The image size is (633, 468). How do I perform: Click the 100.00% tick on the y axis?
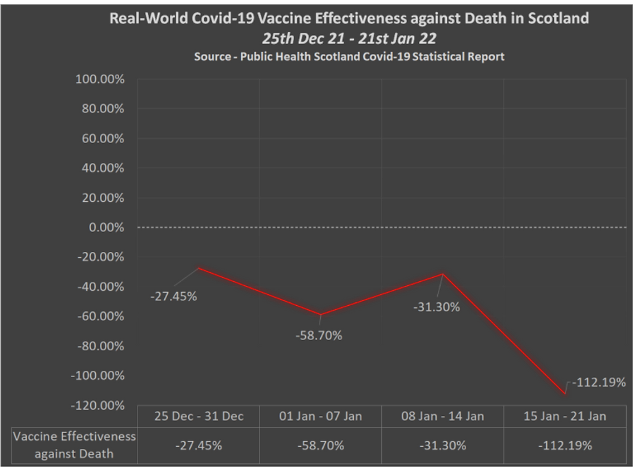(x=99, y=79)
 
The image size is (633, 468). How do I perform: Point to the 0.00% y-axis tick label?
(x=106, y=227)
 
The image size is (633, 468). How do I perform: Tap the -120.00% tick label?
(x=97, y=405)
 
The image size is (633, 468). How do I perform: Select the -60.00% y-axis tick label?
(x=100, y=316)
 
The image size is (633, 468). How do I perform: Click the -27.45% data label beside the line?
(x=174, y=296)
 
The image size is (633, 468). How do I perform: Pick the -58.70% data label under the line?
(x=319, y=335)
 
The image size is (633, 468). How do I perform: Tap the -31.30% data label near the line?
(x=437, y=307)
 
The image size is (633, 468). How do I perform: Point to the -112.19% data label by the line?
(x=599, y=382)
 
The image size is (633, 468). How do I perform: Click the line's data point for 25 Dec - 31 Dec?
(x=198, y=268)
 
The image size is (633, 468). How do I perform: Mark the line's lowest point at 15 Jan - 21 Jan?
(x=565, y=393)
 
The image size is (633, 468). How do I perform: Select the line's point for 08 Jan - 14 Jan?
(x=443, y=274)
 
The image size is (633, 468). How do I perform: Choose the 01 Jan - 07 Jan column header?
(x=320, y=416)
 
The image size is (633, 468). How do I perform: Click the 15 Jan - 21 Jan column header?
(x=565, y=416)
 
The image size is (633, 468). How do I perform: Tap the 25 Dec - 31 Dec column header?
(x=198, y=416)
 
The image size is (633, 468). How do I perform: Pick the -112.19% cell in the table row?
(x=565, y=445)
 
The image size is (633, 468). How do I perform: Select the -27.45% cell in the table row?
(x=198, y=445)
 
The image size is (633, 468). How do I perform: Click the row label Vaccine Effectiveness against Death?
(x=75, y=445)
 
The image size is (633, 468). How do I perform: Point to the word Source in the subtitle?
(x=214, y=56)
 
